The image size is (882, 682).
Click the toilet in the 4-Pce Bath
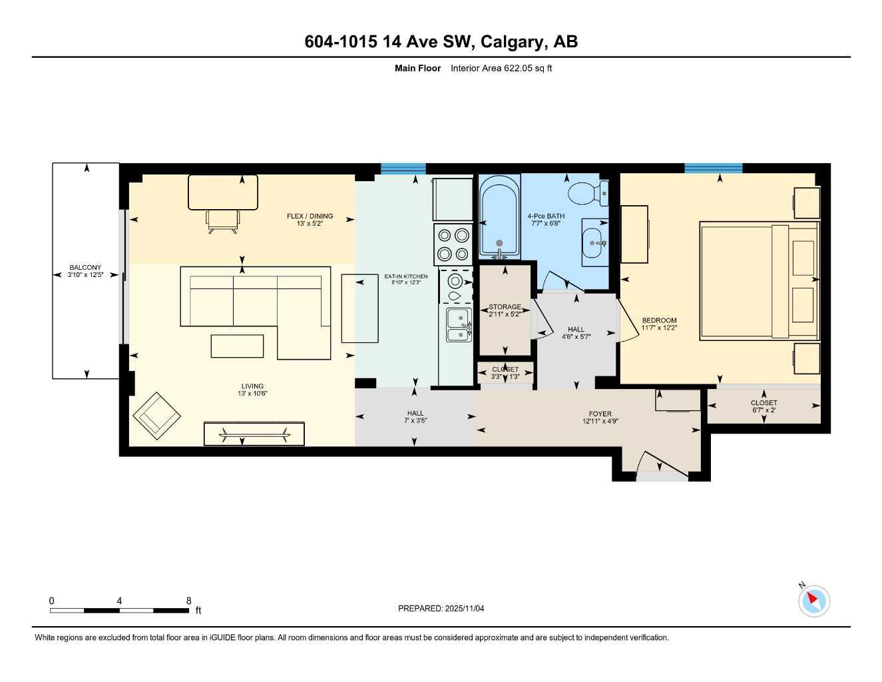584,193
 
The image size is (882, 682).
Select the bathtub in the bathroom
499,216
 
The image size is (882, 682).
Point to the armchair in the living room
157,415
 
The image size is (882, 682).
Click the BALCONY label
85,268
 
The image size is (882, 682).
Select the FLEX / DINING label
310,216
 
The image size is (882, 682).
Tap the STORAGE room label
505,307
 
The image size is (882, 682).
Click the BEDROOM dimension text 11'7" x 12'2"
659,328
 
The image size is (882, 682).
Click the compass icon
813,601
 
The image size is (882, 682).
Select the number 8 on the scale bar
189,601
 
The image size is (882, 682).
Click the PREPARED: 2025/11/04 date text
441,608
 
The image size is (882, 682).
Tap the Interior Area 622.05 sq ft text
501,68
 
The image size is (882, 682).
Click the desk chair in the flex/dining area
222,221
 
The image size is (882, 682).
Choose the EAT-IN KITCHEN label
406,276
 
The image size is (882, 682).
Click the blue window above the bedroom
713,168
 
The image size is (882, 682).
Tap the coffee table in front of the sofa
237,346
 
